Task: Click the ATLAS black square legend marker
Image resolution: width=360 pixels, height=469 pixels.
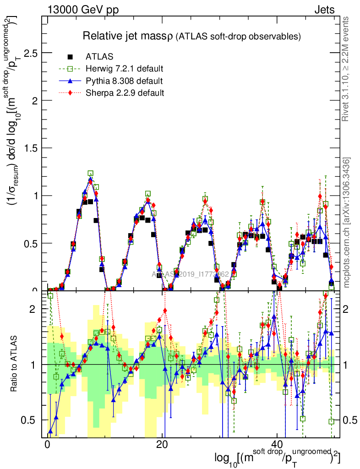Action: point(70,57)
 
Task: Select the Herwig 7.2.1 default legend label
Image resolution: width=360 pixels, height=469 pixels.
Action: point(125,69)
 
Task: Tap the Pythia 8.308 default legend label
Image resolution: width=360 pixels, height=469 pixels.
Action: point(124,81)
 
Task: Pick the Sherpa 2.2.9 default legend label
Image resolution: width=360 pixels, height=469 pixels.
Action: point(125,93)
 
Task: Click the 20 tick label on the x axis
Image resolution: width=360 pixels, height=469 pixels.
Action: point(162,444)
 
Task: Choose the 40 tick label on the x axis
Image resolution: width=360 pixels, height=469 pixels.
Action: point(276,444)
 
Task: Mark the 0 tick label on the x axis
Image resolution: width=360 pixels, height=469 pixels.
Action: point(47,444)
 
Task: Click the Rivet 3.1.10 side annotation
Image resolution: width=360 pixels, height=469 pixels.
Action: point(347,69)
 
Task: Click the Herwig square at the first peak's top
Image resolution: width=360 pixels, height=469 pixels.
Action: point(90,174)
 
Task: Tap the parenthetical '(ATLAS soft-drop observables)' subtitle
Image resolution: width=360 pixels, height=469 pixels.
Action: point(238,37)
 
